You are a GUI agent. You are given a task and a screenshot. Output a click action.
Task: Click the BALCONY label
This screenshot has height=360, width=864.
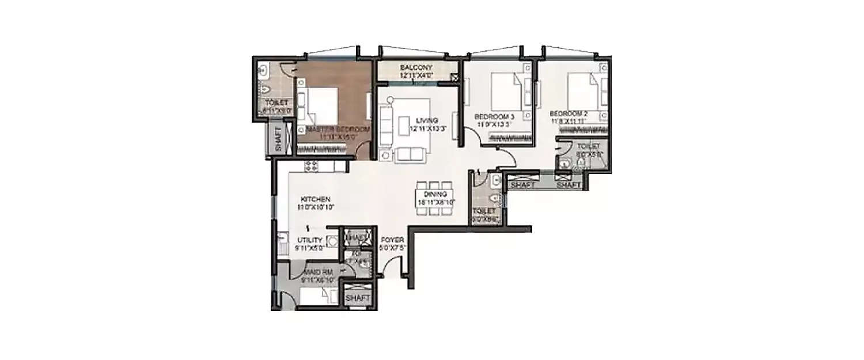416,67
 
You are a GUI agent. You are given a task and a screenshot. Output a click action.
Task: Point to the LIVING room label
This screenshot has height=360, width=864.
427,120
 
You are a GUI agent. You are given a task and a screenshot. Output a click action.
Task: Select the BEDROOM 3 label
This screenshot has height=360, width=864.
494,117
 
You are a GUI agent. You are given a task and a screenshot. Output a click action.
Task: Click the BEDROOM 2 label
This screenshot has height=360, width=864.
568,113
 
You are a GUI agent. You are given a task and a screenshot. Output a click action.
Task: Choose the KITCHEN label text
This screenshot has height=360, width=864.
314,199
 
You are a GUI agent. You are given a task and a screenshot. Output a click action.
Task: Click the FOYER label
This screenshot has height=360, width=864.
393,240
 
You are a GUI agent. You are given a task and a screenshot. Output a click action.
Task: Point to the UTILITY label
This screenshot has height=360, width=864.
310,240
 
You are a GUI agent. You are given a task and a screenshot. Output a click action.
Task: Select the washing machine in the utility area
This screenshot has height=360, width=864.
332,241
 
